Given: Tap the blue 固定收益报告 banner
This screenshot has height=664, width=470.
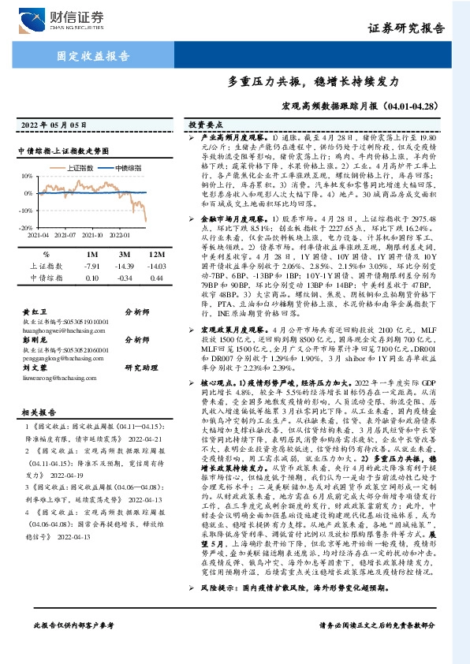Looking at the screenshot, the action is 94,57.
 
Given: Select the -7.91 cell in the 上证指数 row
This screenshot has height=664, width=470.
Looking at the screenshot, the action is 90,267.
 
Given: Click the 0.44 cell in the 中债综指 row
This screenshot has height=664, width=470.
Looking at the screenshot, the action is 155,278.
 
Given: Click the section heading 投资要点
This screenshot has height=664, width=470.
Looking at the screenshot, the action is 206,125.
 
